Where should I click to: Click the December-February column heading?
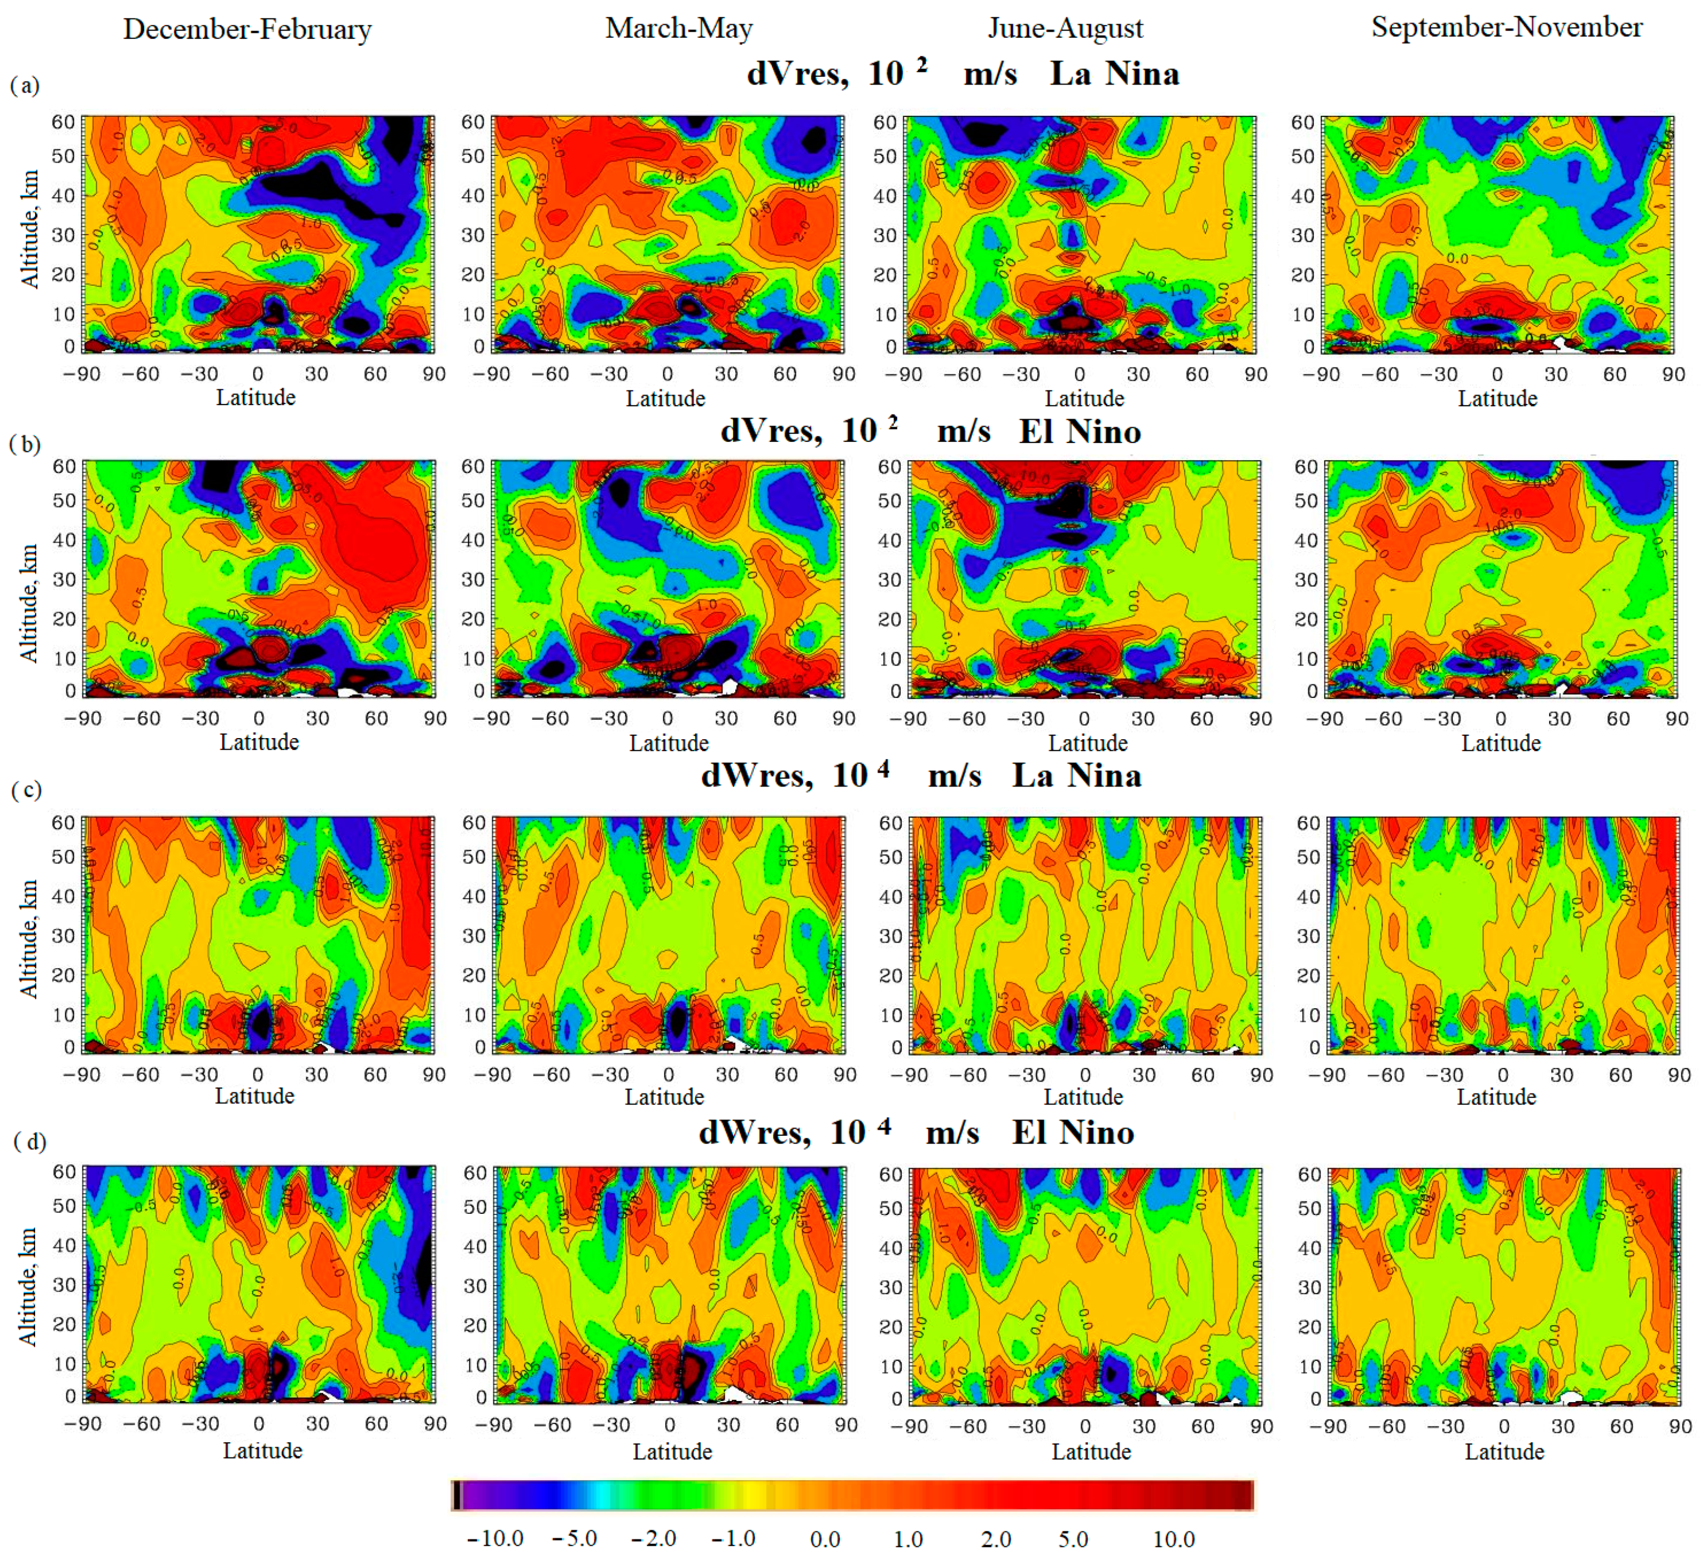coord(247,30)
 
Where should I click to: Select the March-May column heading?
coord(678,29)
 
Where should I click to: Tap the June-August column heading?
coord(1065,29)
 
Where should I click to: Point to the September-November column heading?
coord(1506,27)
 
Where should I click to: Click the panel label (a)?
coord(25,85)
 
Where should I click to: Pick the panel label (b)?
coord(25,444)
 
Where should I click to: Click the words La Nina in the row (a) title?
coord(1114,75)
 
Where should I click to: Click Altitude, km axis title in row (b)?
coord(29,602)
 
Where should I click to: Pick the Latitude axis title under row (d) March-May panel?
coord(672,1451)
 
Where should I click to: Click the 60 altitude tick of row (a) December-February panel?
coord(63,122)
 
